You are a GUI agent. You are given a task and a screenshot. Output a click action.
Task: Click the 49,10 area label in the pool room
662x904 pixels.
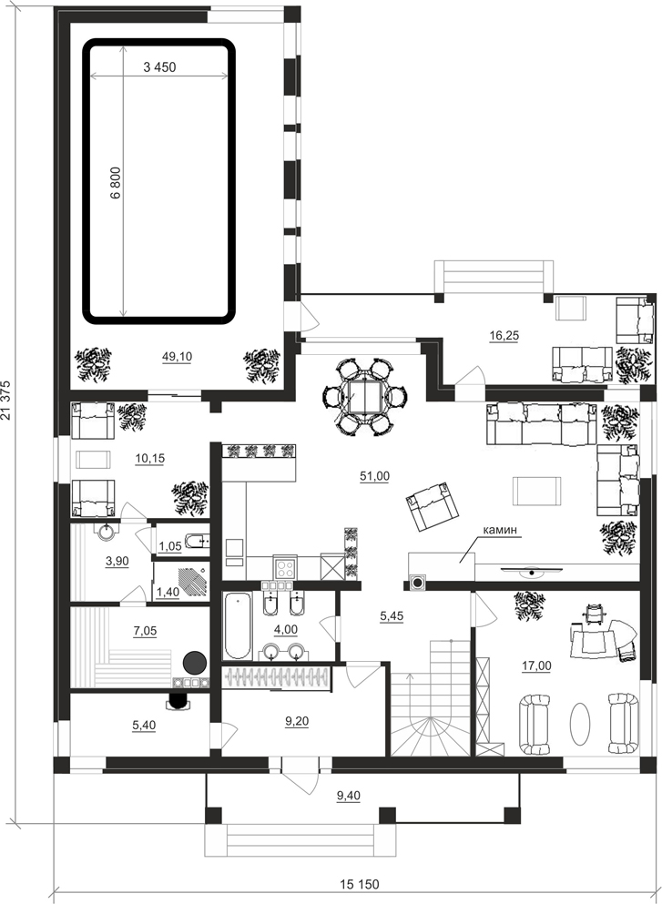pos(177,357)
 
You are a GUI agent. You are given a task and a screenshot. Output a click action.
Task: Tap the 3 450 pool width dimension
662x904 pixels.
pos(159,67)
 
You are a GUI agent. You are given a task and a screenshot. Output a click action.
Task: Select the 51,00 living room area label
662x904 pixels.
pos(374,476)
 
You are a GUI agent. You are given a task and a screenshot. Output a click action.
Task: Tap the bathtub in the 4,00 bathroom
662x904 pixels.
pos(238,625)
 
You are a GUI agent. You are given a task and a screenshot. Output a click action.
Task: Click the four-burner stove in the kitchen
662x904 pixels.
pos(285,569)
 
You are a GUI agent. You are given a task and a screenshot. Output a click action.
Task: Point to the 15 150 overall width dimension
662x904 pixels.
pos(360,884)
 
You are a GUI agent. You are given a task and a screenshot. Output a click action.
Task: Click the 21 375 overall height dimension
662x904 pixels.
pos(6,400)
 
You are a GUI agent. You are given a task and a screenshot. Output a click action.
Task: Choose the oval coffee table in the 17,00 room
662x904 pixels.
pos(579,724)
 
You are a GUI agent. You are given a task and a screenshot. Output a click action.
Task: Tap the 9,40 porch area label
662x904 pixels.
pos(348,797)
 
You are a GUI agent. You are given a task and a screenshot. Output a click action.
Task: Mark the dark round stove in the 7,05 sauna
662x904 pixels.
pos(195,663)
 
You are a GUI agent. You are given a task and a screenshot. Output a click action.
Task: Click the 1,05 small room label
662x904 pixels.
pos(170,546)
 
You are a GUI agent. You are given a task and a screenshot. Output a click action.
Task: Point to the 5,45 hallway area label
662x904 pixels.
pos(392,616)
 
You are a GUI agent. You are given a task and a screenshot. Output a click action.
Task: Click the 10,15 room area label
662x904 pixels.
pos(150,458)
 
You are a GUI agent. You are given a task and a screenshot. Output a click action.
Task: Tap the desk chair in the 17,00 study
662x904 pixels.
pos(595,614)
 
